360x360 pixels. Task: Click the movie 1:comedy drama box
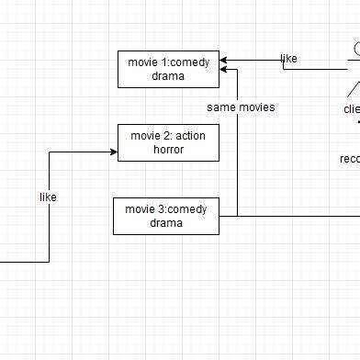[x=168, y=70]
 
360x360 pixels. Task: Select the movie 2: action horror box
[x=168, y=142]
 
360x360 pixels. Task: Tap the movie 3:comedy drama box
[x=166, y=216]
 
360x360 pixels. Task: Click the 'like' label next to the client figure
[x=288, y=59]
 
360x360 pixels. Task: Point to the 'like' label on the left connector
[x=49, y=197]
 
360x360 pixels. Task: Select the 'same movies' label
[x=241, y=107]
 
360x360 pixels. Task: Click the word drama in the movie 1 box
[x=168, y=77]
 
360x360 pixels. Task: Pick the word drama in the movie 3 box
[x=166, y=223]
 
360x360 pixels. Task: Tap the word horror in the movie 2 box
[x=168, y=150]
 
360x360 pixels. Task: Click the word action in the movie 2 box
[x=190, y=136]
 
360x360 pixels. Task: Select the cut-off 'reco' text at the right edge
[x=349, y=159]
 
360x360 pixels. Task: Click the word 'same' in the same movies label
[x=221, y=107]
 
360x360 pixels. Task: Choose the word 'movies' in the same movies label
[x=256, y=107]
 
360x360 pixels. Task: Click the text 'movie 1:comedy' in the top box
[x=168, y=62]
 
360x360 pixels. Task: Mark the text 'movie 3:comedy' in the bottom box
[x=166, y=209]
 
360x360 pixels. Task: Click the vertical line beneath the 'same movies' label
[x=237, y=165]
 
